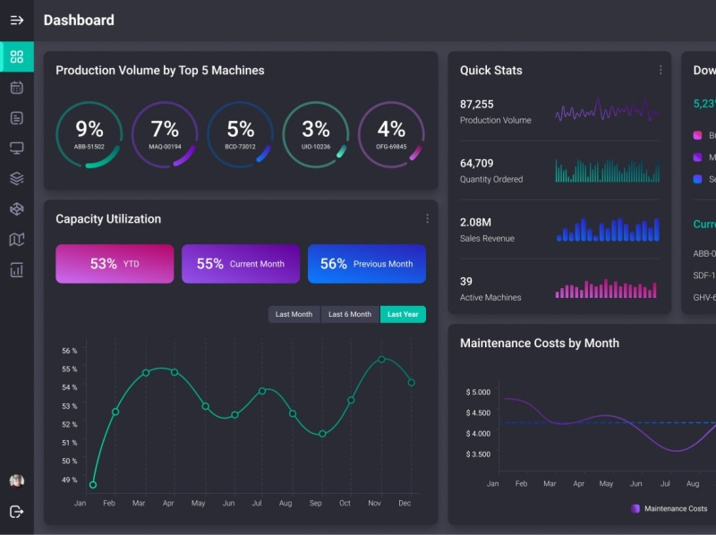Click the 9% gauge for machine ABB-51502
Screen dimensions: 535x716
tap(89, 134)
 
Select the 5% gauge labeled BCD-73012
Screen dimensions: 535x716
tap(240, 134)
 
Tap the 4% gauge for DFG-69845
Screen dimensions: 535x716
tap(391, 134)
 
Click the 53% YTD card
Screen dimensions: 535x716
tap(115, 264)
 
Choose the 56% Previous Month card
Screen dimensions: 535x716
tap(367, 264)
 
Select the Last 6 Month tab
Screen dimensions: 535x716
tap(349, 314)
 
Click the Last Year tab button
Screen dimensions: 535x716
tap(403, 314)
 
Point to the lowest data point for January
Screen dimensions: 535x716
tap(93, 485)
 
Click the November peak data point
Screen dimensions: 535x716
tap(381, 360)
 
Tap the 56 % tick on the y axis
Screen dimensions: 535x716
tap(69, 351)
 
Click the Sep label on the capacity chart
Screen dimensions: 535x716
tap(315, 504)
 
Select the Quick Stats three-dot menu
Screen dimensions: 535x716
tap(661, 70)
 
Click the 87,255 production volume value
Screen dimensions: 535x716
tap(477, 104)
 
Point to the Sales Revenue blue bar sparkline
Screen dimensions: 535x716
tap(608, 230)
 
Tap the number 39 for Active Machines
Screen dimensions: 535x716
tap(466, 281)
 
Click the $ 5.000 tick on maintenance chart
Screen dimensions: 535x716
tap(478, 392)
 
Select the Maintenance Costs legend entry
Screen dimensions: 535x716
tap(669, 508)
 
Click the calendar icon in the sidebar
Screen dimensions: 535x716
tap(16, 88)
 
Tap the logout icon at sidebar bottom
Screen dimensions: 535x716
tap(16, 512)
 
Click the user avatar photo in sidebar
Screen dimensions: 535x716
tap(16, 480)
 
